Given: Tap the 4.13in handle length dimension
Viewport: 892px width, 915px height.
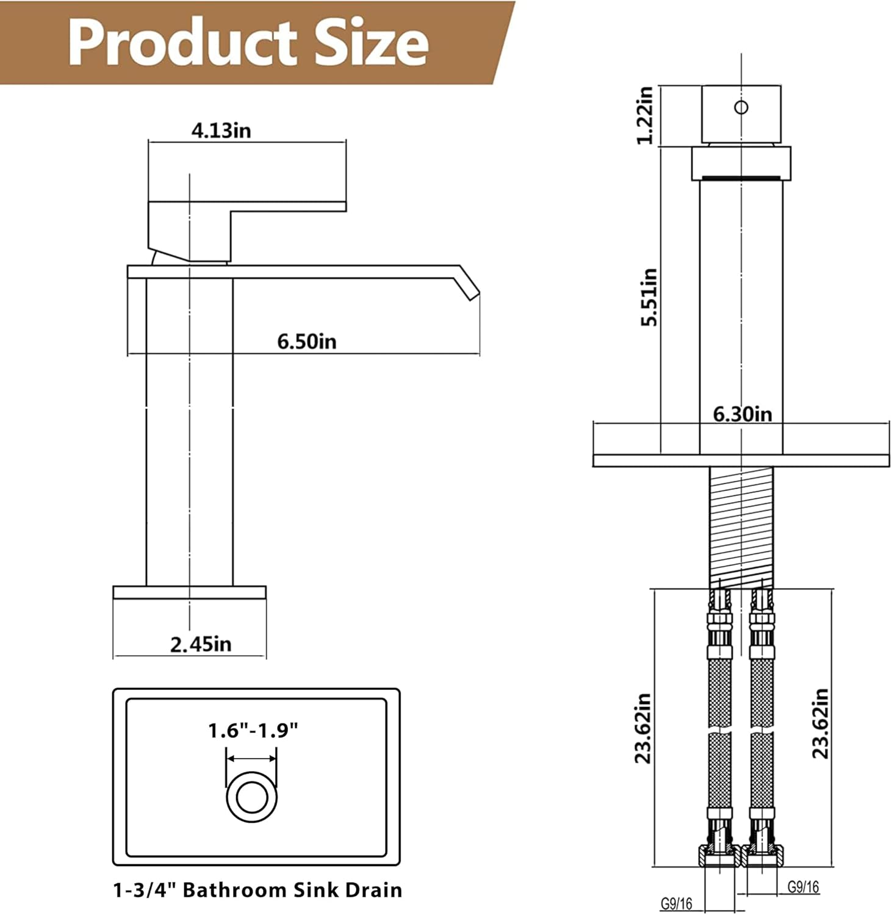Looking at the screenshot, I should [x=221, y=131].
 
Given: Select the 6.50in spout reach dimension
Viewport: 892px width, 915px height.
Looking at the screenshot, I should [x=306, y=342].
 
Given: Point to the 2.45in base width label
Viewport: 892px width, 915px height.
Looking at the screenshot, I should [x=201, y=644].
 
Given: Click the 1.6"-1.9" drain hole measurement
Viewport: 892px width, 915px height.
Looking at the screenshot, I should [x=253, y=730].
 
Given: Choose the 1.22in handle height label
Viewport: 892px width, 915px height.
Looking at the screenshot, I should [x=645, y=115].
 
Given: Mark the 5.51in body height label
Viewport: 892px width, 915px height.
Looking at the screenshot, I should [x=649, y=297].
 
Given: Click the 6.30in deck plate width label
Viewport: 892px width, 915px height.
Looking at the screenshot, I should [x=743, y=415].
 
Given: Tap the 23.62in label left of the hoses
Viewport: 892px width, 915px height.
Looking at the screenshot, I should [x=643, y=728].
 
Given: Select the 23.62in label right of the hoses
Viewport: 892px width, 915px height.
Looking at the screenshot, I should [x=820, y=723].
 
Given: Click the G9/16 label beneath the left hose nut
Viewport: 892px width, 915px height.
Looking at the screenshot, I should [x=676, y=903].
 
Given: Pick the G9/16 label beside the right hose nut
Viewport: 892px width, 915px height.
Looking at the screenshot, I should [x=803, y=886].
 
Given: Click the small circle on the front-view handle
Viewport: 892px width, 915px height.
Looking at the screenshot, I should [x=741, y=107].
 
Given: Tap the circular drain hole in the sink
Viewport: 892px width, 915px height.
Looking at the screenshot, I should [x=252, y=797].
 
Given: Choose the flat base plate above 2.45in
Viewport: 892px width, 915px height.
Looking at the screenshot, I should [x=189, y=592].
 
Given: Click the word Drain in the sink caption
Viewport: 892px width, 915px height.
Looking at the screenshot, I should [x=373, y=890].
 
